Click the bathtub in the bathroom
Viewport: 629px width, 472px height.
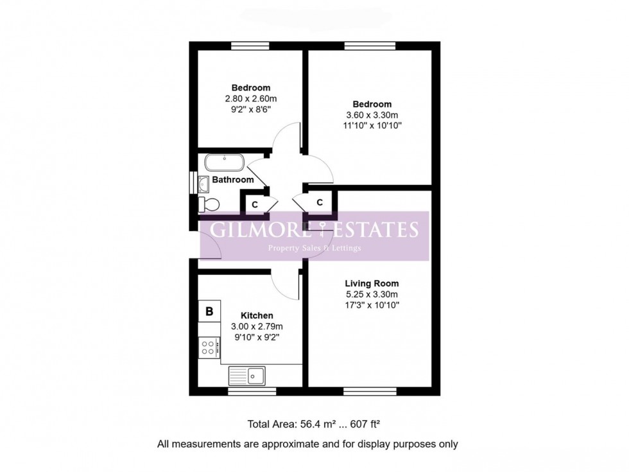[x=224, y=162]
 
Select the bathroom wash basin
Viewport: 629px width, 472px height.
[x=203, y=183]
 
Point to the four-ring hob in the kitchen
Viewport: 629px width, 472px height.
[x=208, y=347]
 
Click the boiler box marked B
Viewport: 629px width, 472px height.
[x=209, y=312]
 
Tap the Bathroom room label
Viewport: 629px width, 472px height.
[x=233, y=180]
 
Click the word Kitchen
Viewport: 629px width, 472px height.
[x=257, y=315]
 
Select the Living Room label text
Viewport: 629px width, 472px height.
[x=372, y=283]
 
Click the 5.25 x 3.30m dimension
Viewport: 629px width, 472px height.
[x=372, y=295]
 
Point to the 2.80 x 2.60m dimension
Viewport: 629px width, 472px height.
[x=250, y=99]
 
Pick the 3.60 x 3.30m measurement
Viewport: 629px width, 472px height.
[x=372, y=116]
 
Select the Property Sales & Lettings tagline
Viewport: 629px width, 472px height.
[x=314, y=248]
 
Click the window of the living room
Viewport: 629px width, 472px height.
[x=361, y=390]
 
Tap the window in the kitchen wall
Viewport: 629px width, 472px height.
[x=252, y=390]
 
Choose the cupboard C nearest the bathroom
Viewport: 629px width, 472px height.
[x=254, y=204]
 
